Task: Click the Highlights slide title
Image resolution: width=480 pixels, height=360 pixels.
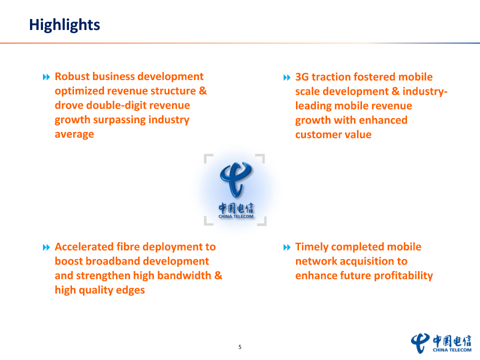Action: (64, 25)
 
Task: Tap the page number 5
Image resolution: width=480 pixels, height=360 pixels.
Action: (240, 347)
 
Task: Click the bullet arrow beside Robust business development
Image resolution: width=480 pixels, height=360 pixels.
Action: (46, 77)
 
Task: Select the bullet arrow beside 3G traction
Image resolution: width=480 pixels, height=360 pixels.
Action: (287, 77)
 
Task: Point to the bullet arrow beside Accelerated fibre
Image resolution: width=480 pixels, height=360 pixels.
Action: (46, 247)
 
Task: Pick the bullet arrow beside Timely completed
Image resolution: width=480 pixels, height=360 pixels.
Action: (287, 247)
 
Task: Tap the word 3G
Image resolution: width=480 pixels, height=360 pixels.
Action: (302, 77)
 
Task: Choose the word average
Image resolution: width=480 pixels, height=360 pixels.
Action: (74, 134)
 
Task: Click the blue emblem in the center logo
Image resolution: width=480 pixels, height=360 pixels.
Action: (235, 179)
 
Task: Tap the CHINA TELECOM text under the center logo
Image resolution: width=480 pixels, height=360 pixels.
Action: (236, 216)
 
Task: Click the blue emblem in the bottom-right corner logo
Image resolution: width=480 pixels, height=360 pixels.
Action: (420, 343)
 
